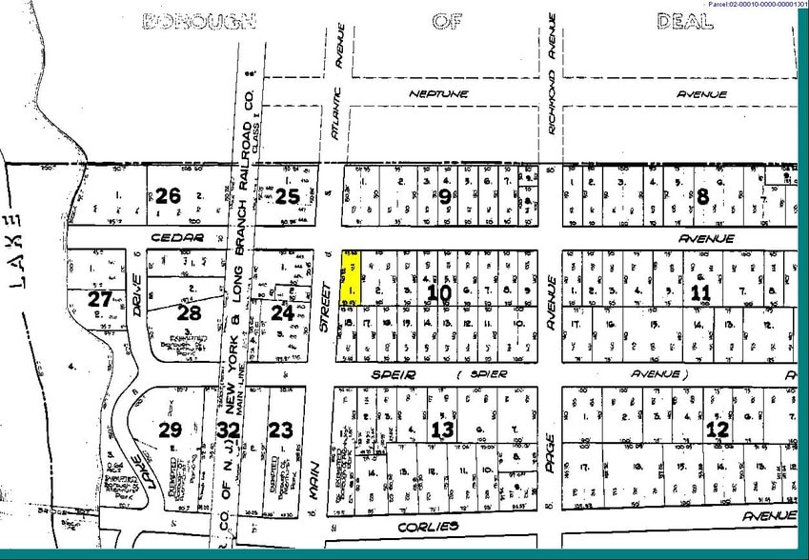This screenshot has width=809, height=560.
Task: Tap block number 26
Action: [x=168, y=197]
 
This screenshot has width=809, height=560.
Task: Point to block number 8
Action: [x=703, y=197]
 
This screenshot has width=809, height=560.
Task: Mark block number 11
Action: [x=701, y=292]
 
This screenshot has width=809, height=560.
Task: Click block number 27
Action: [x=100, y=299]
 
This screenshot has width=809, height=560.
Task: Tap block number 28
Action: [x=190, y=312]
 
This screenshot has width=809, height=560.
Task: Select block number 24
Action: [x=282, y=310]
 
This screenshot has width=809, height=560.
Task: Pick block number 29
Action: [x=170, y=430]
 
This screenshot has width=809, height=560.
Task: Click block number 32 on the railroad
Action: [x=228, y=430]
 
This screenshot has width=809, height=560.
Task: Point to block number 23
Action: [x=280, y=430]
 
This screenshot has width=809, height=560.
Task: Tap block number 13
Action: [x=441, y=430]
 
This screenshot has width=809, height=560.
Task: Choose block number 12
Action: [x=717, y=430]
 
